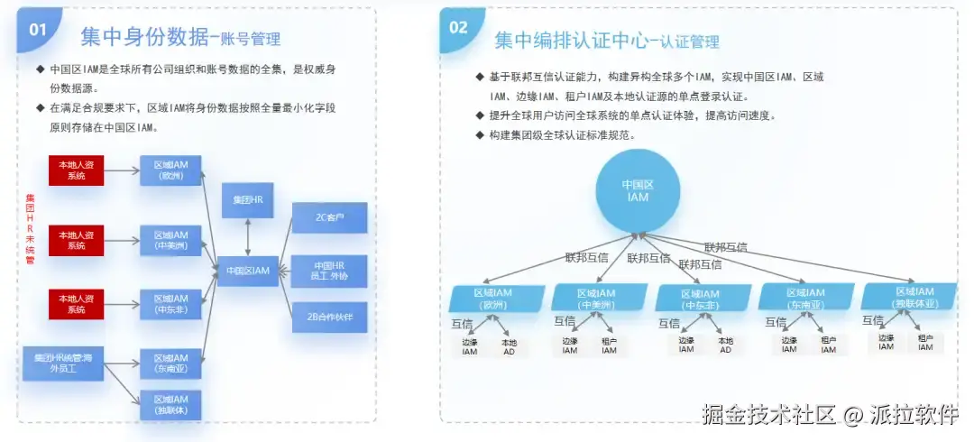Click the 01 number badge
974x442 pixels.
point(38,29)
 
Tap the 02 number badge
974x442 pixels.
point(459,27)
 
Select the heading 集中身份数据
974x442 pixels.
point(144,37)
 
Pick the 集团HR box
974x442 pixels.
point(248,199)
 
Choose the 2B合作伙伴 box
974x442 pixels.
point(329,318)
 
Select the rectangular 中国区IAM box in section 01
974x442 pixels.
point(248,271)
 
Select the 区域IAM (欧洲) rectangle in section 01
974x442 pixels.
point(170,170)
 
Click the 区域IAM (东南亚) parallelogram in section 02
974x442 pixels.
point(804,299)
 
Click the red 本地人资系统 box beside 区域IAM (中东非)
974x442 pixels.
point(76,305)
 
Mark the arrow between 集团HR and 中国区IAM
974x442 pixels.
point(248,235)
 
